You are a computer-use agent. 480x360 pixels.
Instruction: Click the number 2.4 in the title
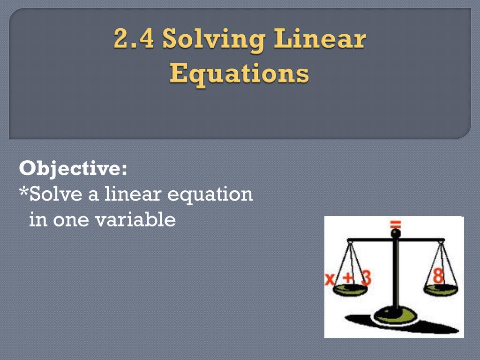click(134, 38)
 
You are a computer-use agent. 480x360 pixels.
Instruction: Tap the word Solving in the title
click(214, 40)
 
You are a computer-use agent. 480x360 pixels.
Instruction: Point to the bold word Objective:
click(73, 169)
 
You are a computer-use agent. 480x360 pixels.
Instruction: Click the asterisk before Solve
click(23, 192)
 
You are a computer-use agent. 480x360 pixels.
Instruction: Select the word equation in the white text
click(210, 195)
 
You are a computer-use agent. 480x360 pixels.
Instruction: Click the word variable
click(135, 219)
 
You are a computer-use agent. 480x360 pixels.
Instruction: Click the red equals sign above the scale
click(396, 225)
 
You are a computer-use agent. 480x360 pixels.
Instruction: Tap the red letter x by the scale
click(330, 279)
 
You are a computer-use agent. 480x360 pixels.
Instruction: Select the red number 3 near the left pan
click(366, 278)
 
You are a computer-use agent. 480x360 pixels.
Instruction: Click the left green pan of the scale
click(350, 289)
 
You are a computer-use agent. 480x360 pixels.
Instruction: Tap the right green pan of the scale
click(441, 289)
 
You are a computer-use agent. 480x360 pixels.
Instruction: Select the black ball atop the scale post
click(396, 233)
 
